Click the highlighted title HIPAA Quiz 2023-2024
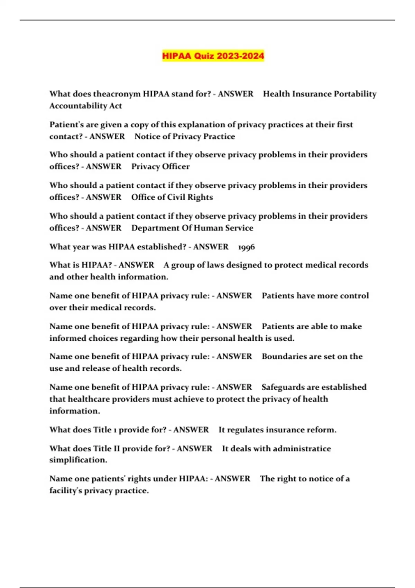(x=213, y=56)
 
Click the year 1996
(x=247, y=247)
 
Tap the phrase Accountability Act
(x=85, y=106)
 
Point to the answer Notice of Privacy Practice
(x=185, y=137)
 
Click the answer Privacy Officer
(x=160, y=167)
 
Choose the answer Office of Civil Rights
(x=172, y=197)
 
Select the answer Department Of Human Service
(x=192, y=228)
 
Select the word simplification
(x=78, y=460)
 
